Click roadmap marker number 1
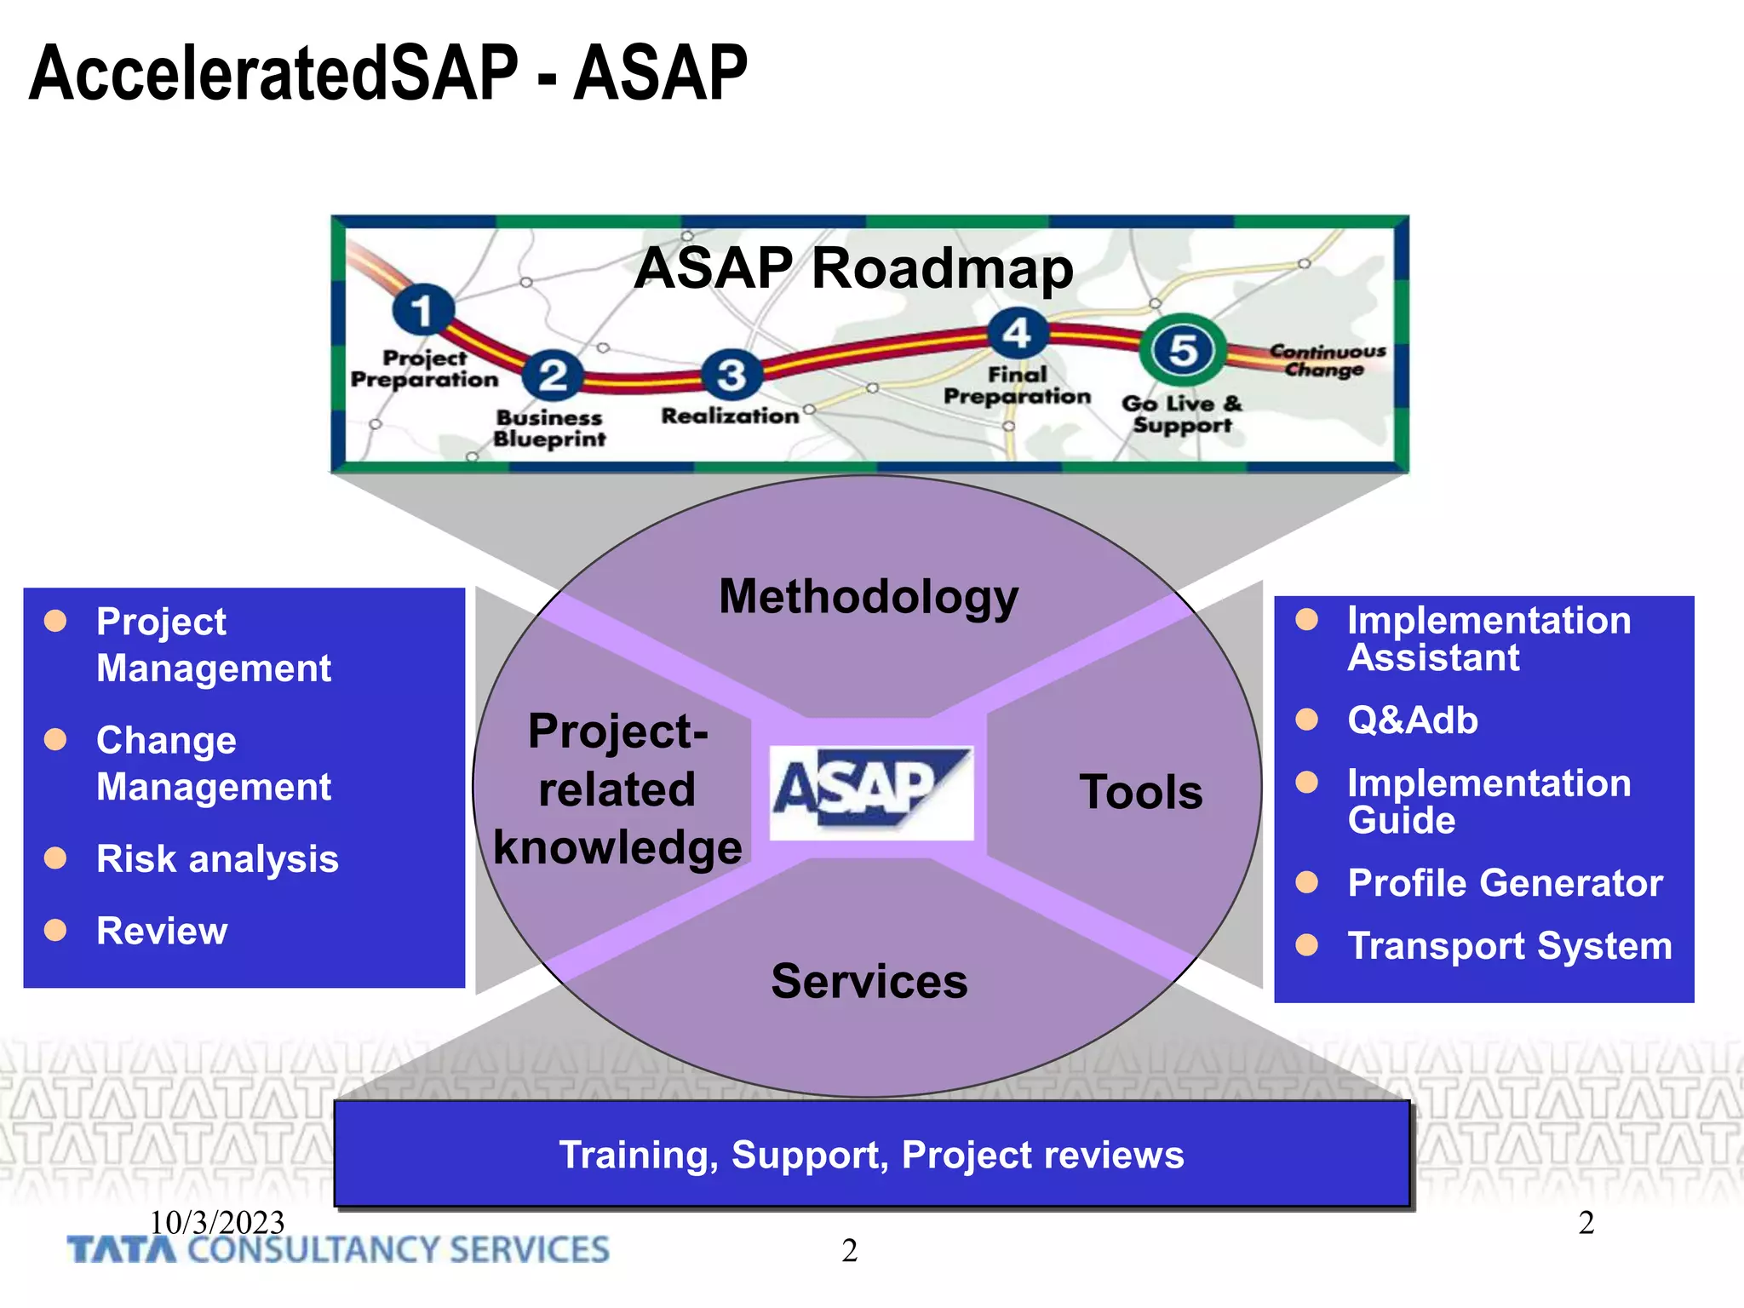coord(422,310)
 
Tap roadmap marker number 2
coord(553,376)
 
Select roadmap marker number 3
coord(731,375)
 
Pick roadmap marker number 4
coord(1017,333)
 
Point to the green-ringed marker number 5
coord(1183,350)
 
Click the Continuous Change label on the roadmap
coord(1327,360)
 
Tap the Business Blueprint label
coord(549,428)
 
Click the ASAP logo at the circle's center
coord(870,792)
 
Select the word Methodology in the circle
coord(868,596)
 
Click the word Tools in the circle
coord(1140,792)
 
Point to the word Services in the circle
coord(869,981)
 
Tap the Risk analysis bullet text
coord(217,858)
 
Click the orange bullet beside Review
coord(55,930)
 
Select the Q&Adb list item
coord(1412,720)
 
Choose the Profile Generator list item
coord(1504,883)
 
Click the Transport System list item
coord(1509,946)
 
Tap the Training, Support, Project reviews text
coord(871,1155)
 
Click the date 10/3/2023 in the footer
coord(217,1222)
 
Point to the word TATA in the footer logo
coord(122,1250)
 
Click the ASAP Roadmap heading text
coord(853,268)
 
